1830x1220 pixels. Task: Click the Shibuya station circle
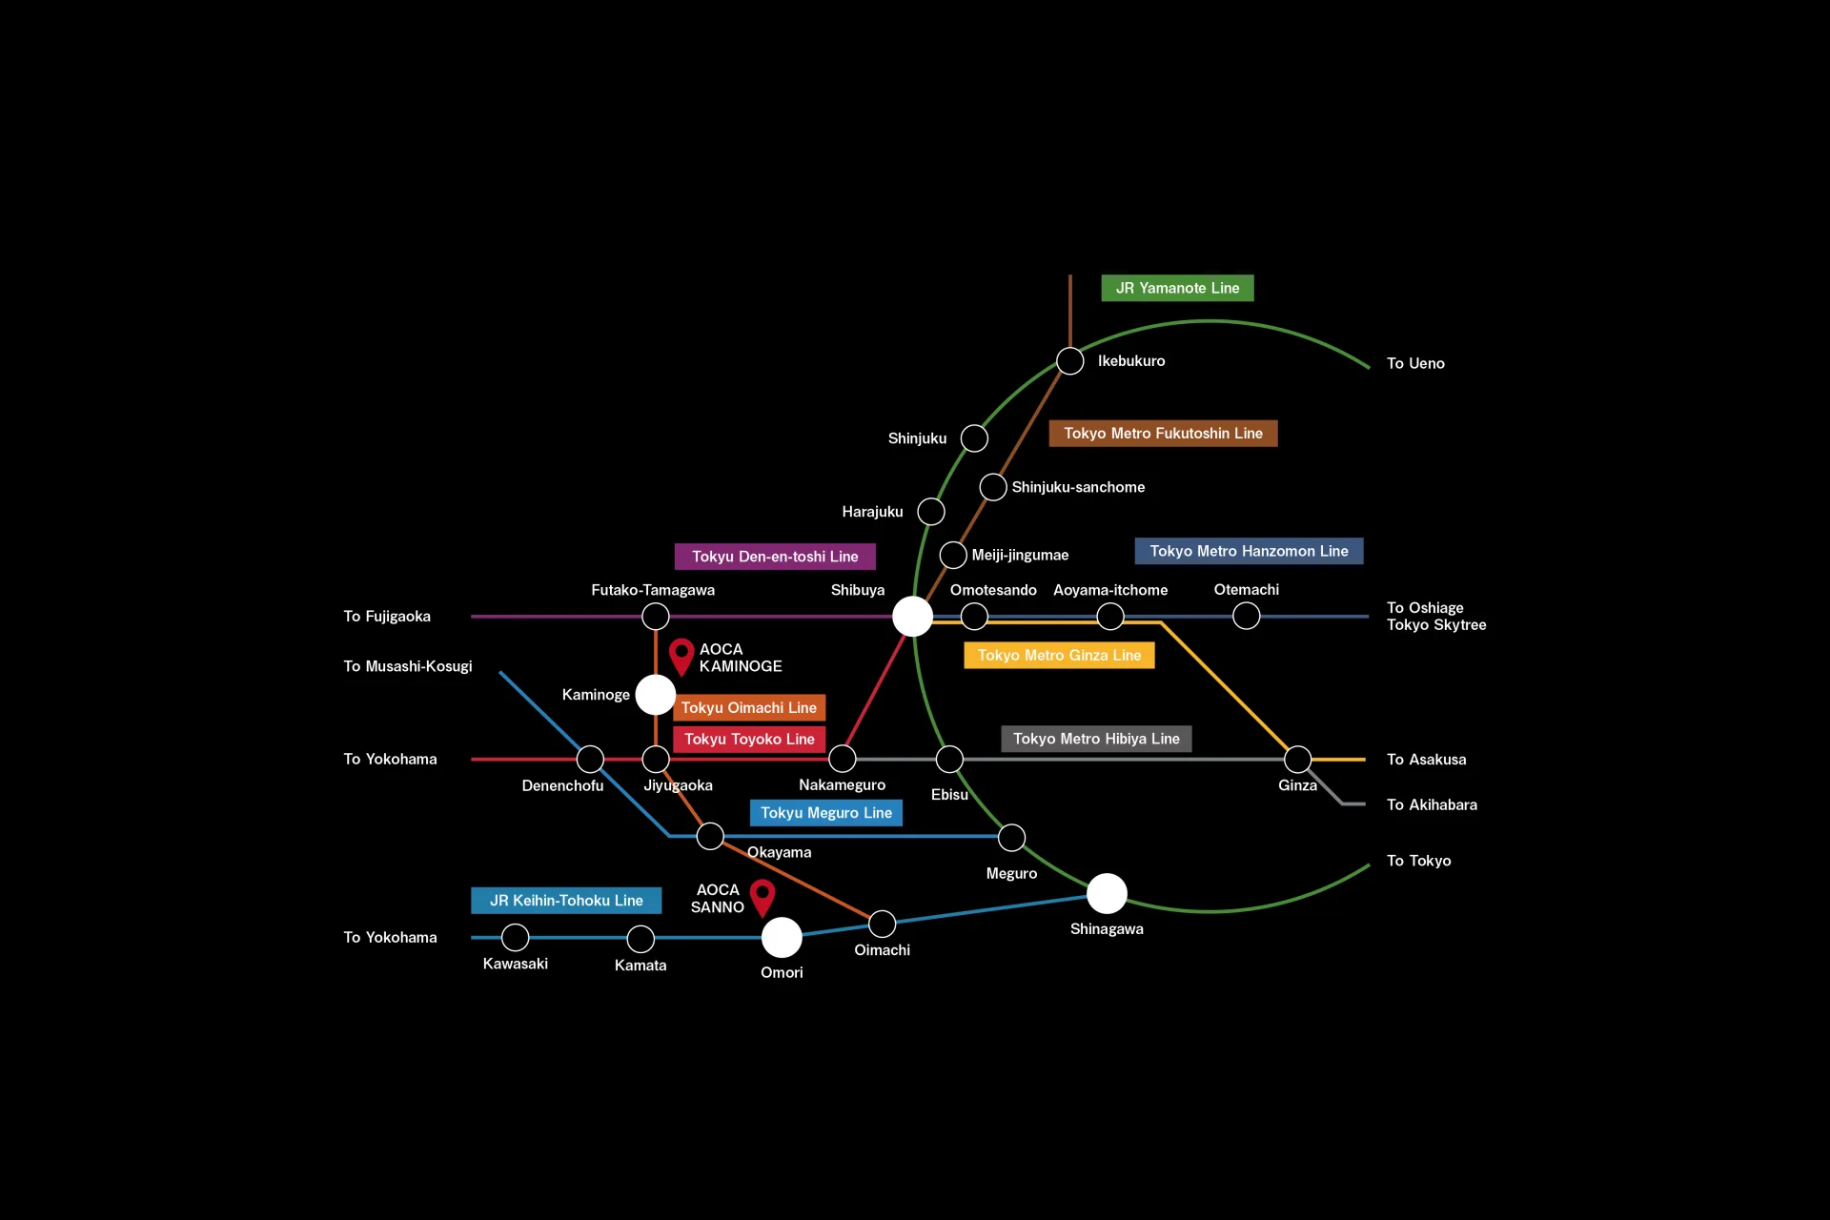pyautogui.click(x=912, y=617)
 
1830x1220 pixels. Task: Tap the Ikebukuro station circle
pyautogui.click(x=1070, y=361)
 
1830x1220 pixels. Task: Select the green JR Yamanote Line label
pyautogui.click(x=1177, y=288)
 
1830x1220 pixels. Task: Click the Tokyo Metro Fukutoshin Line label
pyautogui.click(x=1163, y=434)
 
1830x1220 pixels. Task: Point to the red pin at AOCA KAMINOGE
pyautogui.click(x=681, y=657)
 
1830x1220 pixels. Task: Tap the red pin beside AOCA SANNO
pyautogui.click(x=762, y=898)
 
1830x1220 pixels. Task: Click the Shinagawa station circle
pyautogui.click(x=1107, y=893)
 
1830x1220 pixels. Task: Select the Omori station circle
pyautogui.click(x=782, y=938)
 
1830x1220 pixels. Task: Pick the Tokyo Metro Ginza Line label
pyautogui.click(x=1059, y=656)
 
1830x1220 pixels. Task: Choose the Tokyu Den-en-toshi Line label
pyautogui.click(x=775, y=557)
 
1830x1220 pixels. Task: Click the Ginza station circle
pyautogui.click(x=1297, y=760)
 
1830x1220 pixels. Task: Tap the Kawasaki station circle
pyautogui.click(x=515, y=938)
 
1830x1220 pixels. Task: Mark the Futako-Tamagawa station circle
pyautogui.click(x=656, y=617)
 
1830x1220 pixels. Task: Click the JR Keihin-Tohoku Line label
pyautogui.click(x=566, y=901)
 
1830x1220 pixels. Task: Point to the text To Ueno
pyautogui.click(x=1415, y=363)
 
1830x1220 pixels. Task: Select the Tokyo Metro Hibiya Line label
pyautogui.click(x=1096, y=739)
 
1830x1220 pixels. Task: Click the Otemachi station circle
pyautogui.click(x=1246, y=617)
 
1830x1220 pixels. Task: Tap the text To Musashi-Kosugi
pyautogui.click(x=408, y=666)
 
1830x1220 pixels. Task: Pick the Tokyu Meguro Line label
pyautogui.click(x=826, y=813)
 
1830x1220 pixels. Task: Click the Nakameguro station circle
pyautogui.click(x=843, y=759)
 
